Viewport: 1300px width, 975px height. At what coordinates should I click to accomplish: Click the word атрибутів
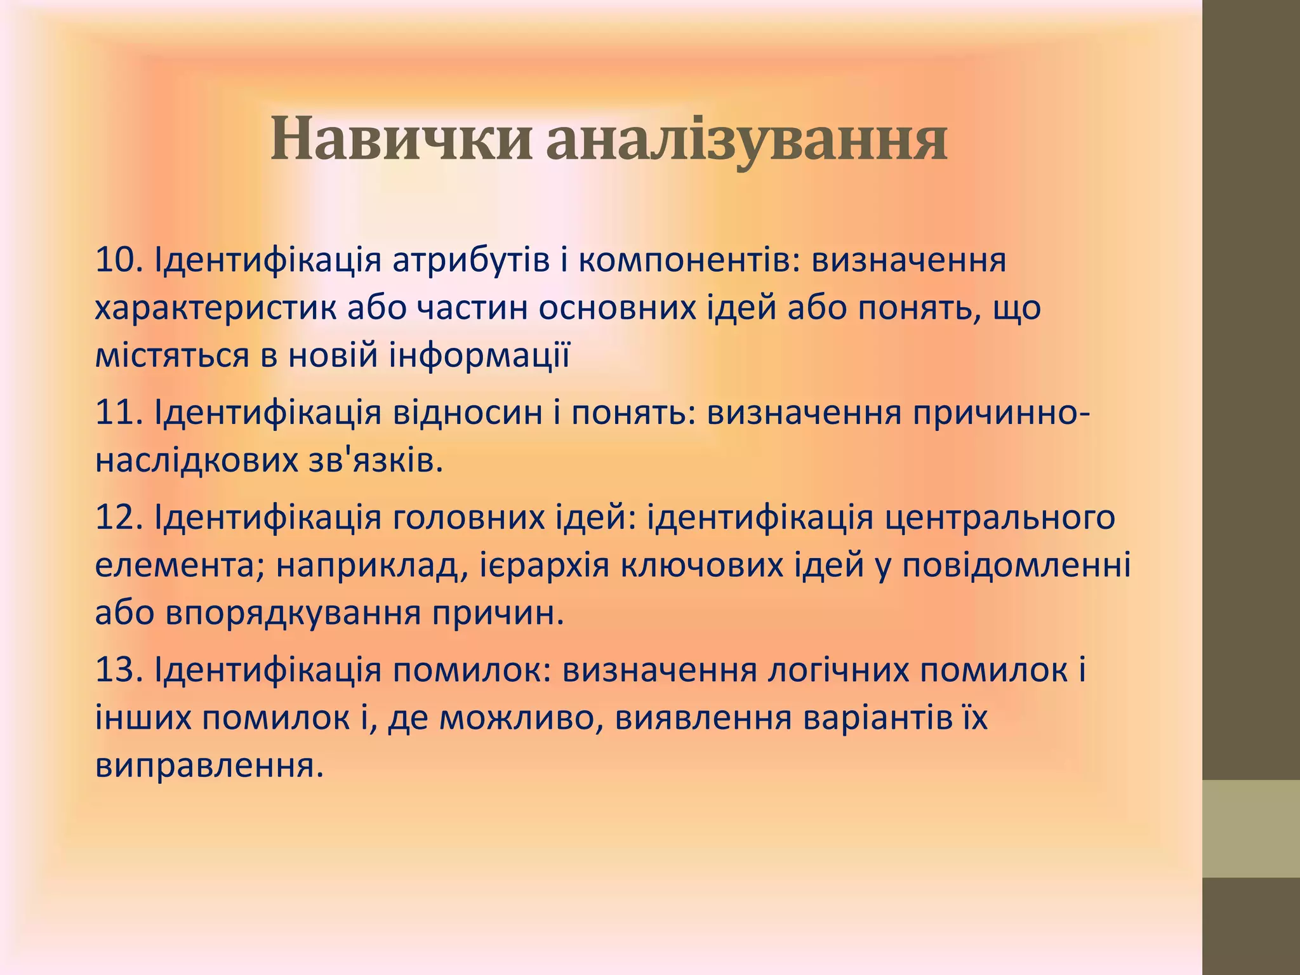click(470, 260)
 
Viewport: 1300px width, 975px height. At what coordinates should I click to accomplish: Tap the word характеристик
click(216, 308)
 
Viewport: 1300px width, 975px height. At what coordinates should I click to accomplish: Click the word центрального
click(1000, 518)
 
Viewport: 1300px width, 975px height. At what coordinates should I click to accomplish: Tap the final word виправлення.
click(209, 766)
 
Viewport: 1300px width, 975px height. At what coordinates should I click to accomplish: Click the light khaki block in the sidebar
click(1250, 828)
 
